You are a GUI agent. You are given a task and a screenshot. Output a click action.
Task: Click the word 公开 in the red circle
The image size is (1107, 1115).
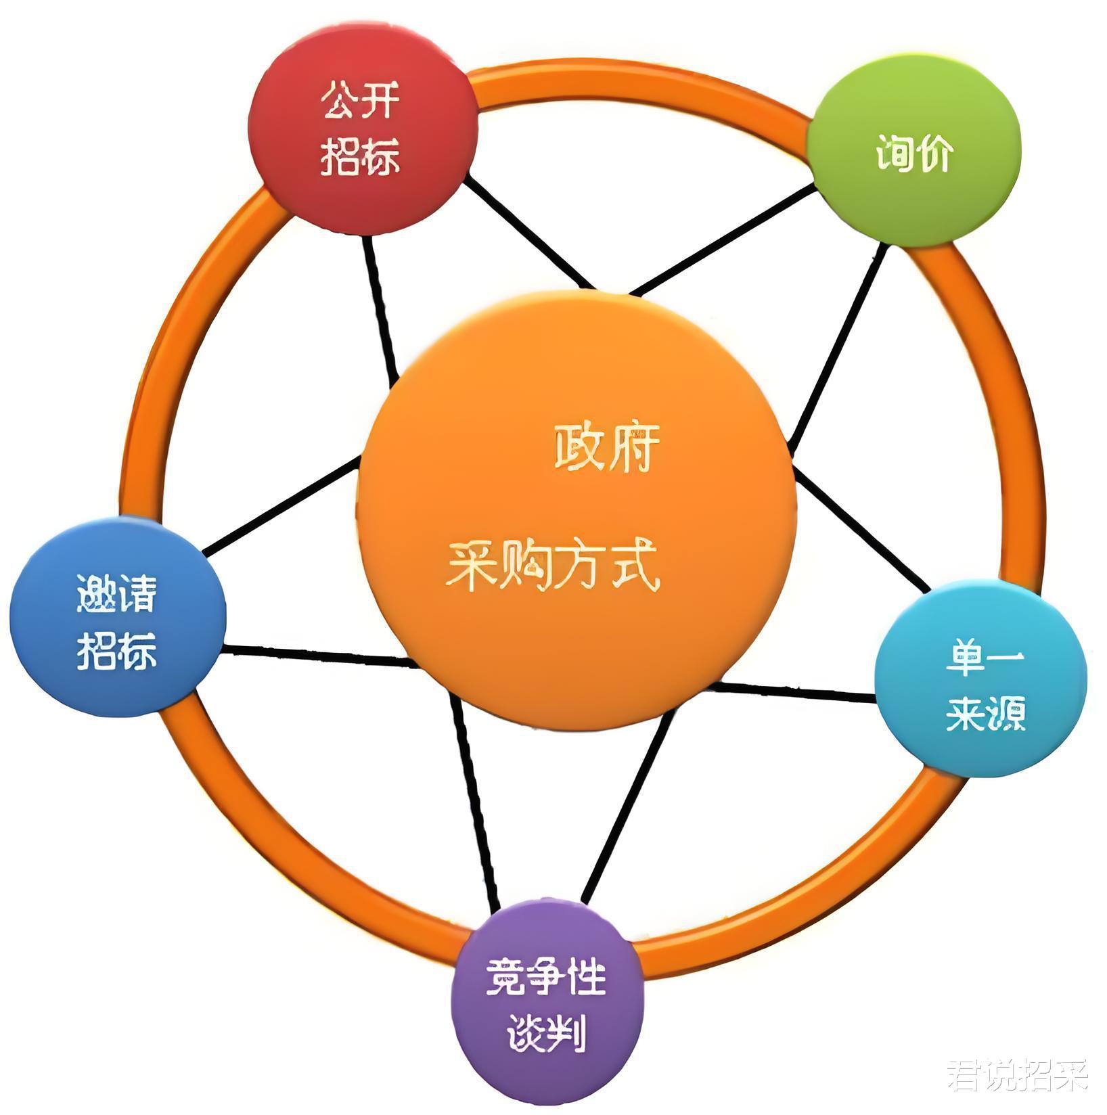(360, 101)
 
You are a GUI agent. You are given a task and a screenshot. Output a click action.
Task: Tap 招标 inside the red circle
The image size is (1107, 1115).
(360, 156)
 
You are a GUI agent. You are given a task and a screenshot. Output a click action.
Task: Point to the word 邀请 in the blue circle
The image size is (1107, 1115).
(116, 593)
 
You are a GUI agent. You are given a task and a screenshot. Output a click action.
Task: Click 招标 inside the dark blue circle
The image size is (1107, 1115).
(116, 650)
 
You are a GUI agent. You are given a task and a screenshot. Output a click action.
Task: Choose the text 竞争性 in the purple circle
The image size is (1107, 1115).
(545, 977)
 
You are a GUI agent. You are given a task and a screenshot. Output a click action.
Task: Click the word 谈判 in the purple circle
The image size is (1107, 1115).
(545, 1032)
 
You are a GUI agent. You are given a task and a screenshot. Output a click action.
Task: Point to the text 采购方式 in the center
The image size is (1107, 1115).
(551, 566)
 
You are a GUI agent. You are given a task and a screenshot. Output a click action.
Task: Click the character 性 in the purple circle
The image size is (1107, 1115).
(586, 977)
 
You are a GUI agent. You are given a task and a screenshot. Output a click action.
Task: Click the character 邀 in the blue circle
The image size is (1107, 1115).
(96, 593)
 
